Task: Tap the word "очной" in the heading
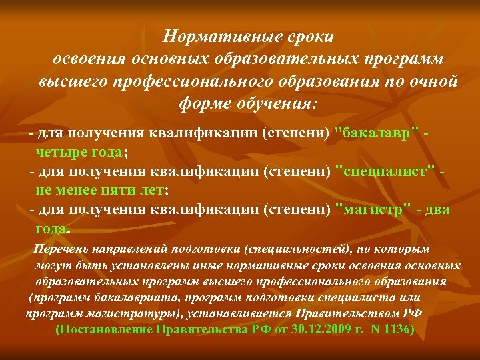click(x=425, y=81)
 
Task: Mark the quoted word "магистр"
click(x=373, y=209)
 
